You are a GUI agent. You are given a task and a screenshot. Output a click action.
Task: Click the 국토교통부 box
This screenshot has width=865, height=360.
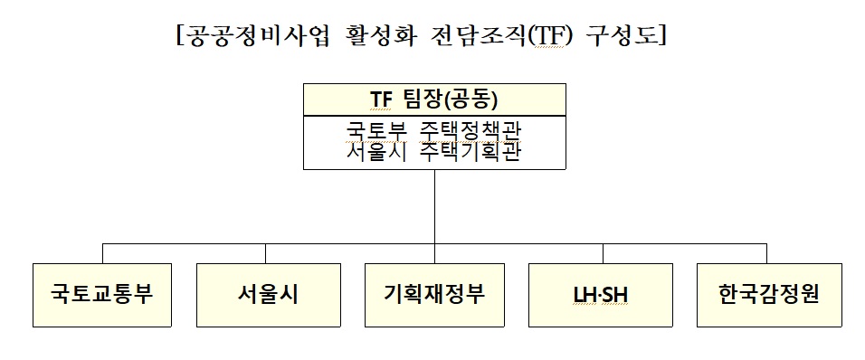[x=102, y=295]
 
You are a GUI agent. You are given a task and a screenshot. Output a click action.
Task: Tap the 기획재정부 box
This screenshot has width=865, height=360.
[x=434, y=295]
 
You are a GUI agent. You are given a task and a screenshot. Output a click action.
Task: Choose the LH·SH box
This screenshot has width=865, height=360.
[x=601, y=295]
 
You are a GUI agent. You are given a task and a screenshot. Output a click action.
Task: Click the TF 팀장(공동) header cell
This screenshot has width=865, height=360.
[x=434, y=99]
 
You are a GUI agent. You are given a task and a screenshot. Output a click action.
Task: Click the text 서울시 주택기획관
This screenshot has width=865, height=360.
[x=434, y=152]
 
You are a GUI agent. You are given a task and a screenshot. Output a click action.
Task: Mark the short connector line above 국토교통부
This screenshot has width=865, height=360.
[x=102, y=253]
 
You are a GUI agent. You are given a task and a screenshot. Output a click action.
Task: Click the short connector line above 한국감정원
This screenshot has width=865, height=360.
[x=766, y=253]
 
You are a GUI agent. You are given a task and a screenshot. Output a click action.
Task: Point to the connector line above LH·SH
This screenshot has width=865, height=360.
[x=601, y=253]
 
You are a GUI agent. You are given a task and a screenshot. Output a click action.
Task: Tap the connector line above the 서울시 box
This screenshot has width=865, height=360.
[x=265, y=253]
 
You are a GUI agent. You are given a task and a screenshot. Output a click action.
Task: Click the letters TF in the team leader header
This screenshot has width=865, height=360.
[x=382, y=99]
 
